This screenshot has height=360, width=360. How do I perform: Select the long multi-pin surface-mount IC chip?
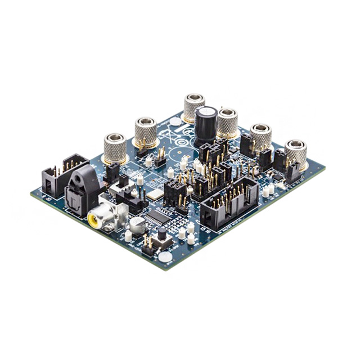point(156,217)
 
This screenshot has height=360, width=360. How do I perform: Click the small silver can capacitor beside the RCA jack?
point(137,226)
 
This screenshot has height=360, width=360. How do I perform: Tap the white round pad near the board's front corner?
point(164,256)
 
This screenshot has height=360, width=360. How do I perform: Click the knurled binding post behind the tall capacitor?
point(193,107)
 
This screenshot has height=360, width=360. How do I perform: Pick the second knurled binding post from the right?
point(260,137)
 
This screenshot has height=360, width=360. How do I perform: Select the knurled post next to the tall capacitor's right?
point(227,122)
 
